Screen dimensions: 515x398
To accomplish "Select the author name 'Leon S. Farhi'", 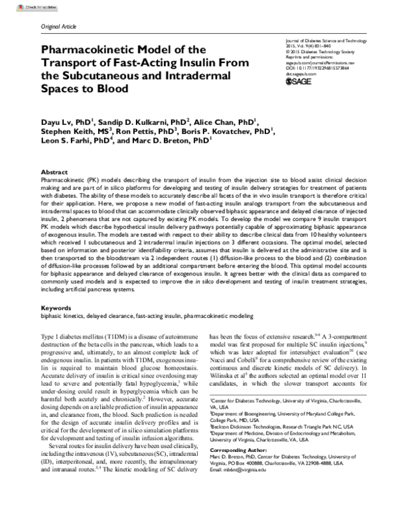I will click(x=68, y=141).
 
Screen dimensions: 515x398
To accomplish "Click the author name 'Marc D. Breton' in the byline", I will click(x=171, y=141).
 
